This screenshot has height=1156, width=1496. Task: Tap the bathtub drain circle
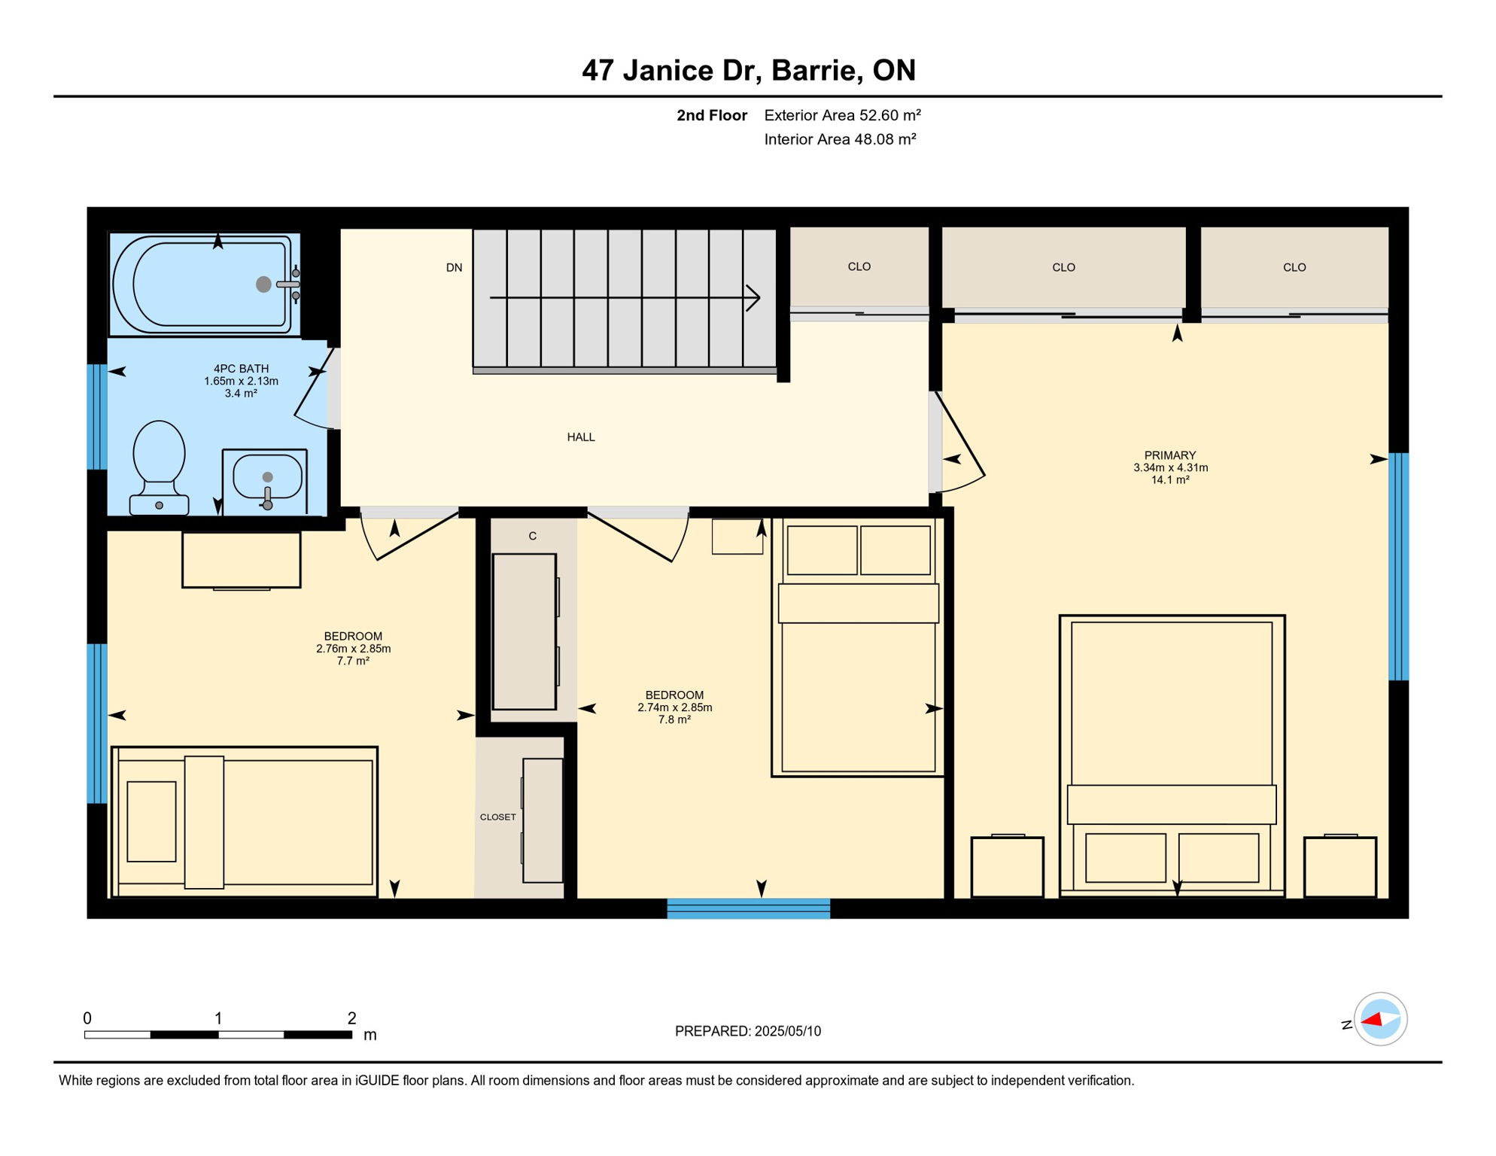[263, 284]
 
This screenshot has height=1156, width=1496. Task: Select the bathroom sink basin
[267, 476]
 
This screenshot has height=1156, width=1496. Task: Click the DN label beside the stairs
[454, 268]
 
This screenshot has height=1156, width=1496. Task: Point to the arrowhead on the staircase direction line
[754, 298]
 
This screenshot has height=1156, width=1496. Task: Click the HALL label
[580, 437]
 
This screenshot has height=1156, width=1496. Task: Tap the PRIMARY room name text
[1169, 455]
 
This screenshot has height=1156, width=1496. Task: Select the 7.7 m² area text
[353, 661]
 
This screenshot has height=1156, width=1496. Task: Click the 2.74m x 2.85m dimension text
[674, 707]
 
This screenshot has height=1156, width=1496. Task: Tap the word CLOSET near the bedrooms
[497, 817]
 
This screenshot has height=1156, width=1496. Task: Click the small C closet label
[532, 537]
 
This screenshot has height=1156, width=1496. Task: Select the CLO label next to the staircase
[859, 267]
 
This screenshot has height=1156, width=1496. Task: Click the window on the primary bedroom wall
[1398, 566]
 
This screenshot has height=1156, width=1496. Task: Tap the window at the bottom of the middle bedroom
[748, 908]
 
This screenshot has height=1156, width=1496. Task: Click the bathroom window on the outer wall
[97, 417]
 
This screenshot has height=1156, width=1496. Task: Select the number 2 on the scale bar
[351, 1018]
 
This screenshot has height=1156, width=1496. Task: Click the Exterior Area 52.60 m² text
[842, 115]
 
